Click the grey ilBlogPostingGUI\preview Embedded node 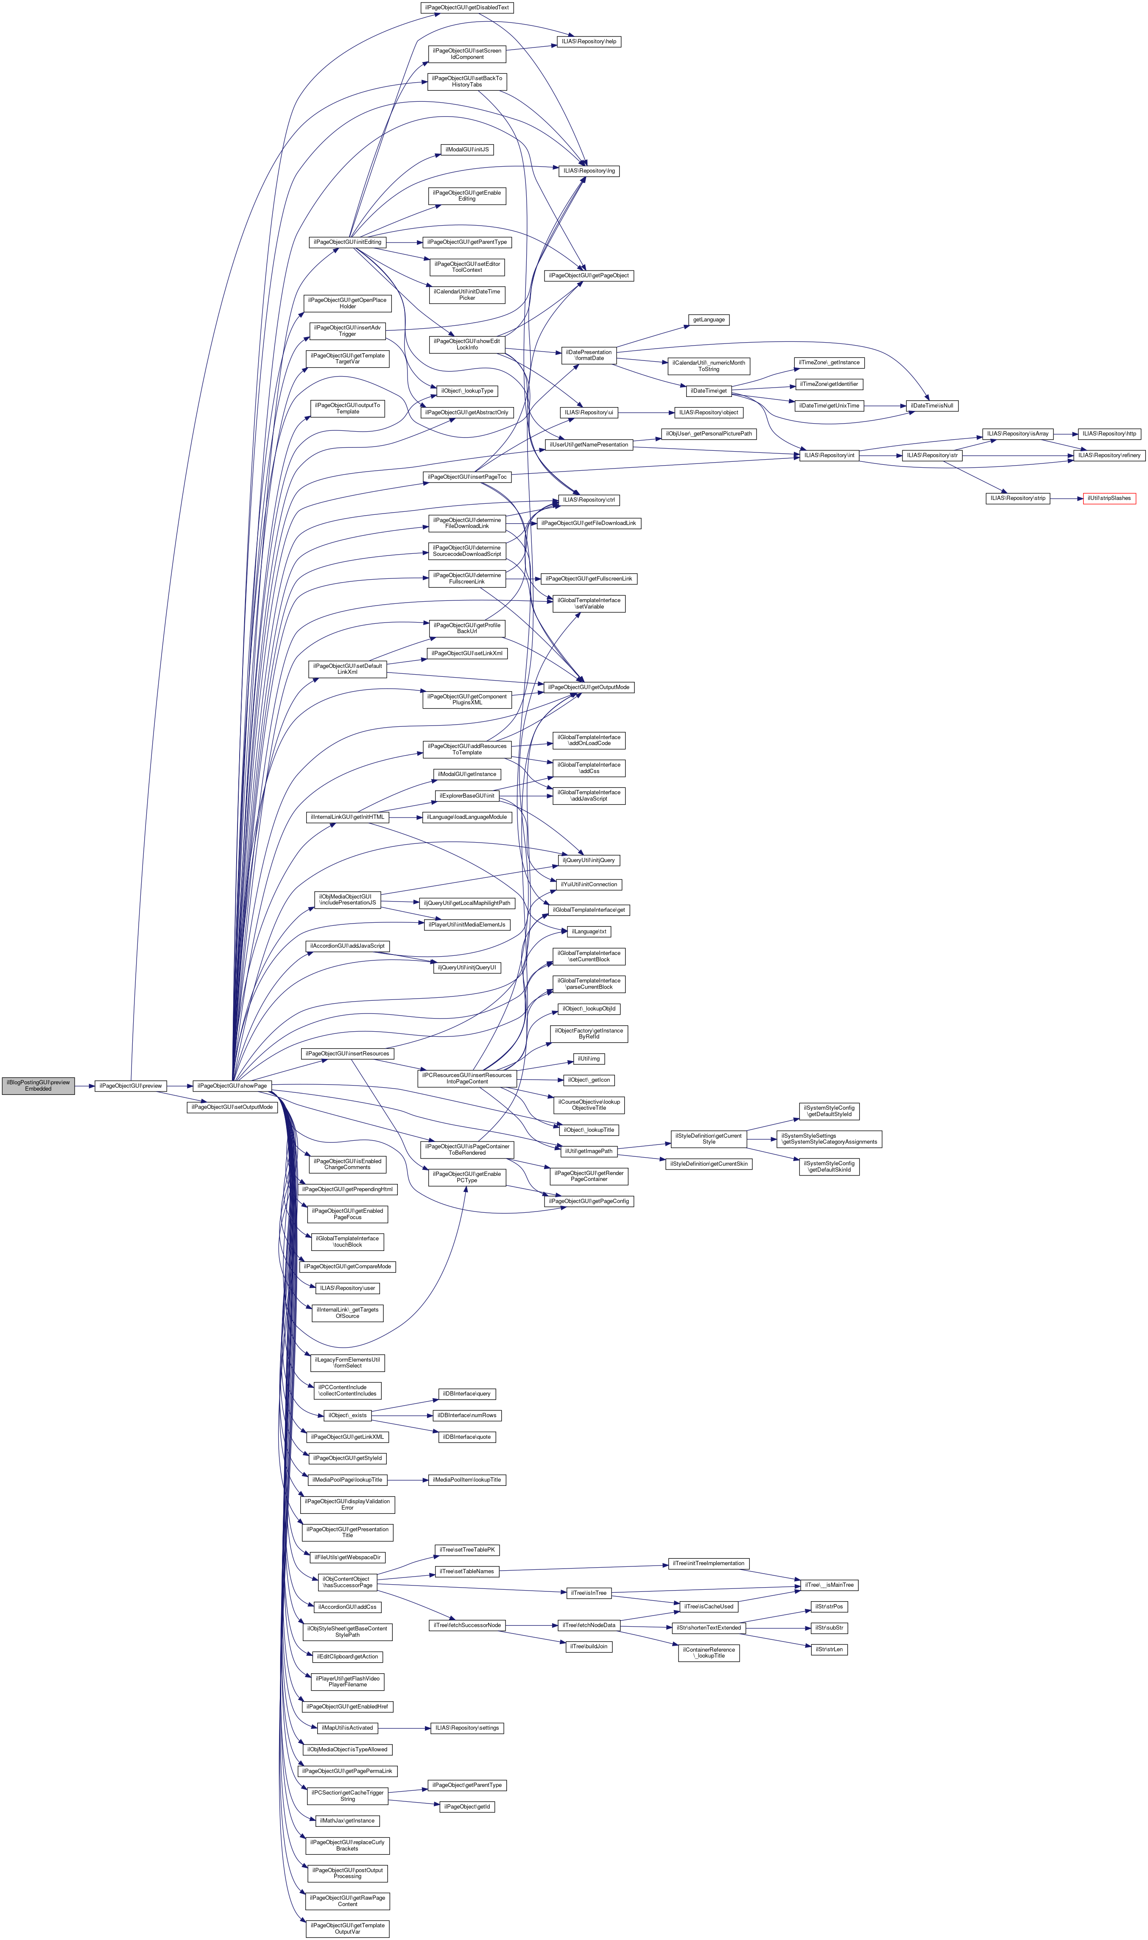click(x=38, y=1085)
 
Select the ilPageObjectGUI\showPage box click(x=231, y=1085)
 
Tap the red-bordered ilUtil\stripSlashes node click(x=1109, y=498)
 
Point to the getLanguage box click(x=709, y=319)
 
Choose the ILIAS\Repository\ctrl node click(x=589, y=500)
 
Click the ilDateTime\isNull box click(x=932, y=405)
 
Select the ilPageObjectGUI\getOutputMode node click(x=589, y=687)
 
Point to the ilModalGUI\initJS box click(x=467, y=149)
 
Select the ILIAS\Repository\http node click(x=1109, y=433)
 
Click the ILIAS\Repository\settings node click(x=467, y=1727)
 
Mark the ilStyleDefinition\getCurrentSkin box click(x=709, y=1164)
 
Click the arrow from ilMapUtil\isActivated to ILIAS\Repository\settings click(x=404, y=1727)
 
